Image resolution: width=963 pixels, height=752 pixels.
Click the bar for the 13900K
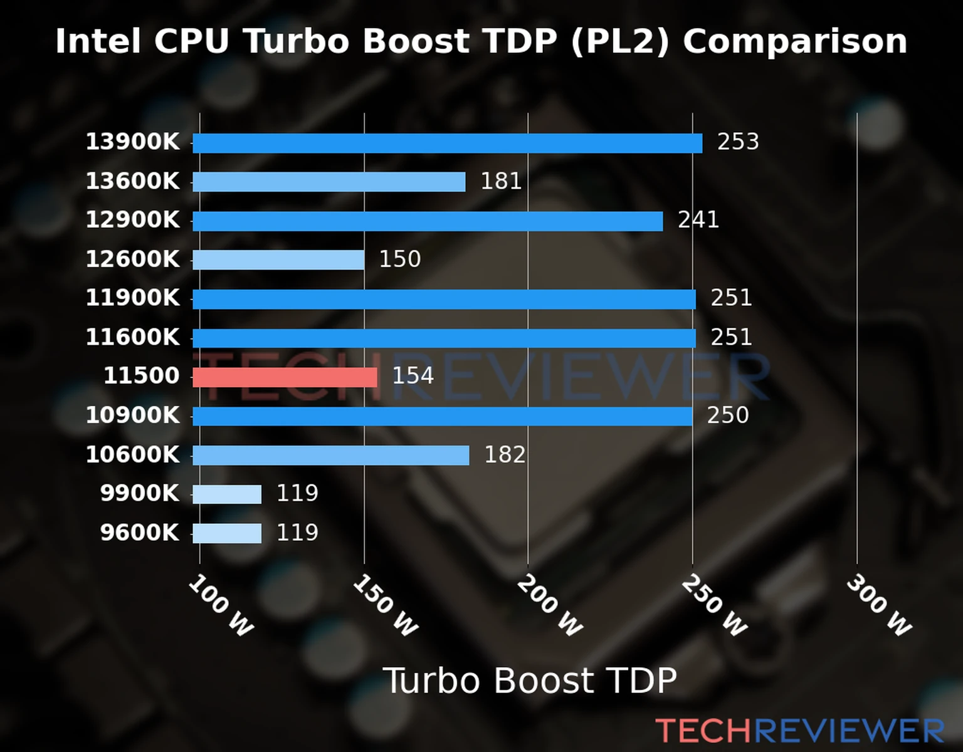pyautogui.click(x=447, y=144)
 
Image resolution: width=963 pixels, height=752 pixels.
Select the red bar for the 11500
pyautogui.click(x=285, y=377)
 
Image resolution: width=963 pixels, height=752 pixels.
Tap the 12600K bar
pyautogui.click(x=278, y=260)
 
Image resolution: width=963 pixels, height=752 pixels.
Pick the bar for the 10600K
pyautogui.click(x=330, y=456)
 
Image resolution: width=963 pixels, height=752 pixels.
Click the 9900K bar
pyautogui.click(x=227, y=494)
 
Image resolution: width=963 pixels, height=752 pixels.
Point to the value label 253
pyautogui.click(x=738, y=142)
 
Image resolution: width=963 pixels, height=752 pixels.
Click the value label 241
pyautogui.click(x=698, y=220)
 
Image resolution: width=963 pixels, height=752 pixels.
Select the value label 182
pyautogui.click(x=505, y=455)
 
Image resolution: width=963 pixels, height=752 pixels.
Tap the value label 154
pyautogui.click(x=413, y=376)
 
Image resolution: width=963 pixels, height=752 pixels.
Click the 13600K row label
pyautogui.click(x=132, y=182)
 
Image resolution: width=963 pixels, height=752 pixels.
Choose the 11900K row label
pyautogui.click(x=132, y=298)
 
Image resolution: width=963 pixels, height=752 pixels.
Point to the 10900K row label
pyautogui.click(x=132, y=415)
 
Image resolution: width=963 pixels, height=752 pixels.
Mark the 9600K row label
pyautogui.click(x=139, y=533)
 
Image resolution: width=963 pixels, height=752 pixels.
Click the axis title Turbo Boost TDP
pyautogui.click(x=530, y=681)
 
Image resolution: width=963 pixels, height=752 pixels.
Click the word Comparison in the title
pyautogui.click(x=794, y=42)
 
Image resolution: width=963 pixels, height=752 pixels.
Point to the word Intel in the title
pyautogui.click(x=98, y=42)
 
